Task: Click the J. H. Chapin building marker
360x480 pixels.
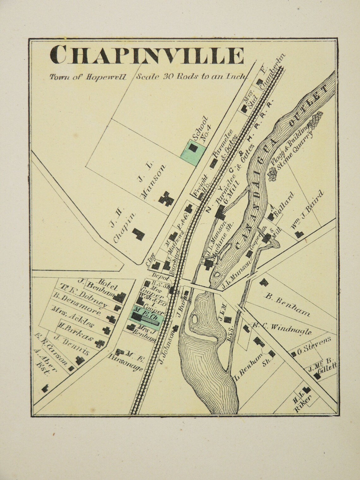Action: click(138, 234)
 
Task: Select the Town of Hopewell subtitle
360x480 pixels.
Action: click(87, 77)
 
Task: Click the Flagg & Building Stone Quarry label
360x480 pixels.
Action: click(292, 148)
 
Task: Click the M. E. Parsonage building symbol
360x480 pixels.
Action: click(120, 351)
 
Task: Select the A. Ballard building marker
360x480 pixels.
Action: click(271, 217)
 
